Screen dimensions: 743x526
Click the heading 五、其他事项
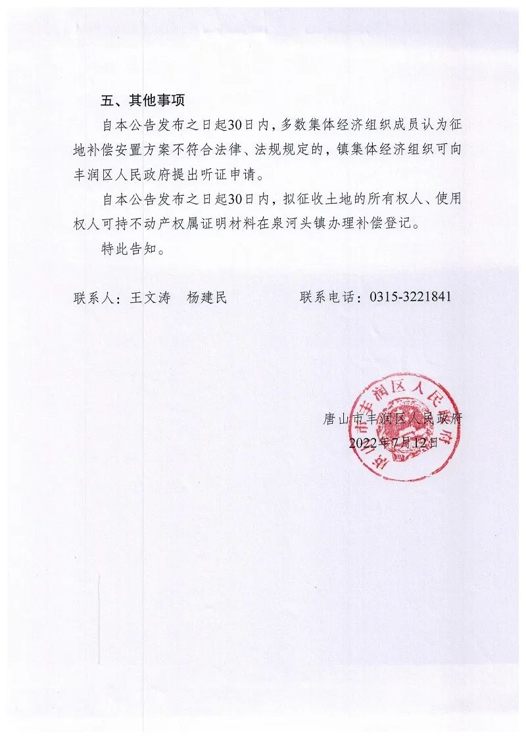coord(143,101)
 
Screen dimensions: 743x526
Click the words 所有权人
coord(394,199)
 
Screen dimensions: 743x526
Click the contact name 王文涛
coord(149,298)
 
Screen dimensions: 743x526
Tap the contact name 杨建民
coord(206,298)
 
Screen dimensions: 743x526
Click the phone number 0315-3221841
coord(410,298)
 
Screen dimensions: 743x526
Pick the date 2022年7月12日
coord(393,442)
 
